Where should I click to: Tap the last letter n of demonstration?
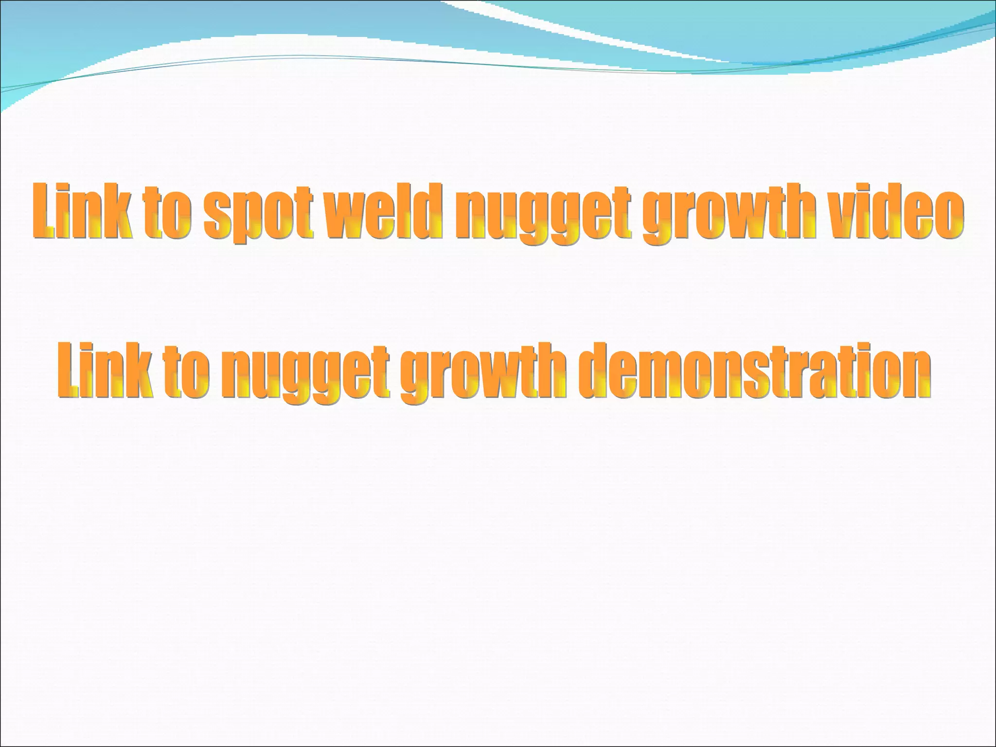(916, 374)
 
